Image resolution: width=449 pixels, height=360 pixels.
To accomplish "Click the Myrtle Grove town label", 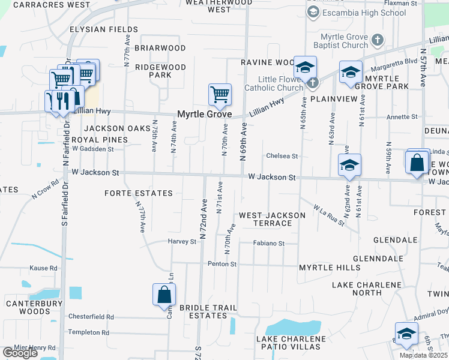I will click(x=204, y=114).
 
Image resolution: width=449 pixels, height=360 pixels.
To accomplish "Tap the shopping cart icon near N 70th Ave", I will click(x=220, y=94).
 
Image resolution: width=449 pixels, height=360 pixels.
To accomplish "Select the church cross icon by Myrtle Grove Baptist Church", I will click(x=377, y=41).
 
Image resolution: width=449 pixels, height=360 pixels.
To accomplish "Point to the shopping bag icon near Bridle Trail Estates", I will click(x=164, y=295).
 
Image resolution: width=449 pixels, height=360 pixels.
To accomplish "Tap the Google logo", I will click(x=20, y=353).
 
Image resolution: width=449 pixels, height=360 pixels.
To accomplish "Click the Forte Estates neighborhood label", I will click(x=138, y=193).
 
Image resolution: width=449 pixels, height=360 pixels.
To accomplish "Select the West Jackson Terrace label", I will click(x=265, y=219).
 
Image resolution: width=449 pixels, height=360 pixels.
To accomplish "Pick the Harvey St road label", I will click(x=182, y=242).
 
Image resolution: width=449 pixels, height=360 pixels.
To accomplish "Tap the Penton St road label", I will click(x=222, y=264).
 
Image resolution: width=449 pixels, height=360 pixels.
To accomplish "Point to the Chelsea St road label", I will click(x=282, y=156).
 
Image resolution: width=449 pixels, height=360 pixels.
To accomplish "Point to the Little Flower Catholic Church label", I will click(x=273, y=83).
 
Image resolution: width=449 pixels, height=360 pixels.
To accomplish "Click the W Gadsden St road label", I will click(x=92, y=148).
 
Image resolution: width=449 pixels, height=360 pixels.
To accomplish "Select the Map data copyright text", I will click(x=423, y=355).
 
